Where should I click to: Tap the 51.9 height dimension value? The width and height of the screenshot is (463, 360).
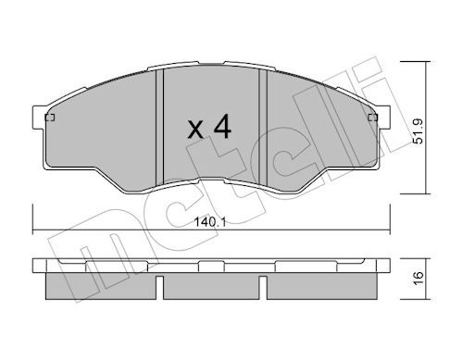[419, 131]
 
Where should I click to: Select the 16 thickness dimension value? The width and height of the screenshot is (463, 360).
[419, 279]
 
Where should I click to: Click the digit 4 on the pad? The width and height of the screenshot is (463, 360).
[222, 126]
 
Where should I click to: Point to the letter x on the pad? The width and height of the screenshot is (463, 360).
[195, 130]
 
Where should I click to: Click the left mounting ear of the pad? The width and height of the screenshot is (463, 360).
[38, 118]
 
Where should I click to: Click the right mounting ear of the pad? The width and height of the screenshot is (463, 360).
[383, 118]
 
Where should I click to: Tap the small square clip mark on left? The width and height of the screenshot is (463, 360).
[50, 118]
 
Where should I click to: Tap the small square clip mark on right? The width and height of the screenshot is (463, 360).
[373, 118]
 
